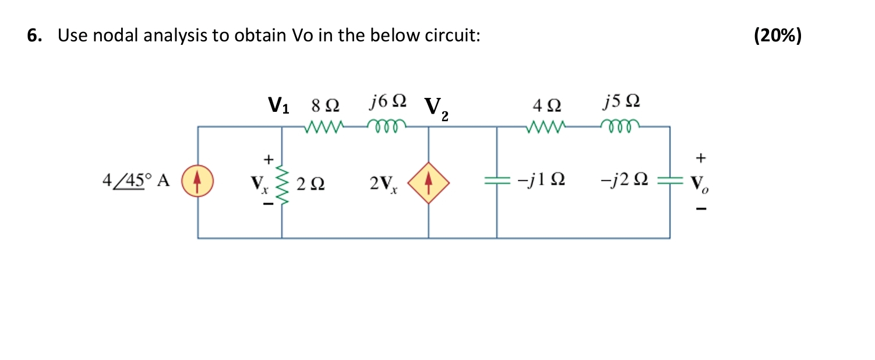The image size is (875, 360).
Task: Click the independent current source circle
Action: click(197, 182)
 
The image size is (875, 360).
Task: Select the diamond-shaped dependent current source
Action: click(429, 182)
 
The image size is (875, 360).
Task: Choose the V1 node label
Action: click(278, 105)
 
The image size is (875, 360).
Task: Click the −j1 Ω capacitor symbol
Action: click(496, 182)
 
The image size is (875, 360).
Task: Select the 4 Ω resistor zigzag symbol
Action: click(545, 126)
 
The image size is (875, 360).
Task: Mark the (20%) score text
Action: click(777, 36)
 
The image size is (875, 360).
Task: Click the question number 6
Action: click(34, 36)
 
